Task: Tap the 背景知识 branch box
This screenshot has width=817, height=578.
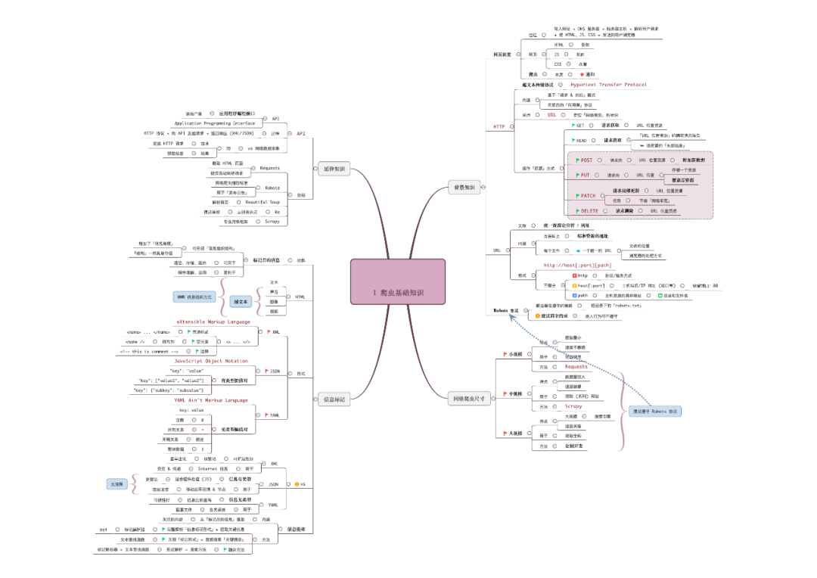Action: click(464, 187)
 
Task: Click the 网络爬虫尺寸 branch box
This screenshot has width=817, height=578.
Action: click(469, 398)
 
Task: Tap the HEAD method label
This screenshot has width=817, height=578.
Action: click(581, 140)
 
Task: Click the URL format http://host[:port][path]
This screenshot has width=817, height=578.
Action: click(577, 266)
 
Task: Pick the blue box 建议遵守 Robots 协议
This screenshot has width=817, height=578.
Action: click(655, 412)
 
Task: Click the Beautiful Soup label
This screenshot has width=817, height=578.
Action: click(263, 202)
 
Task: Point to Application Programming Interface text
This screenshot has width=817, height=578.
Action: click(215, 123)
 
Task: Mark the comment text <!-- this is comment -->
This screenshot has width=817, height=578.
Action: click(149, 352)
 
